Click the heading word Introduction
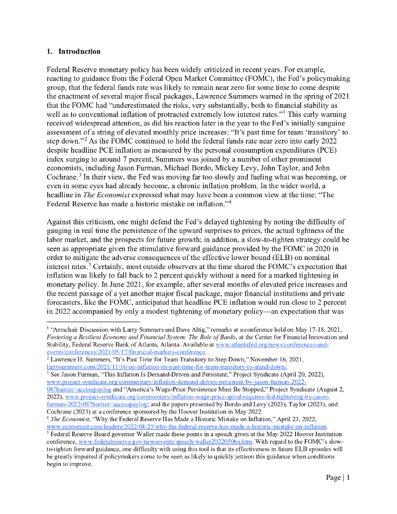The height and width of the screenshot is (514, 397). [79, 51]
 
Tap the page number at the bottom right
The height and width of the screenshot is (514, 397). [337, 477]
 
